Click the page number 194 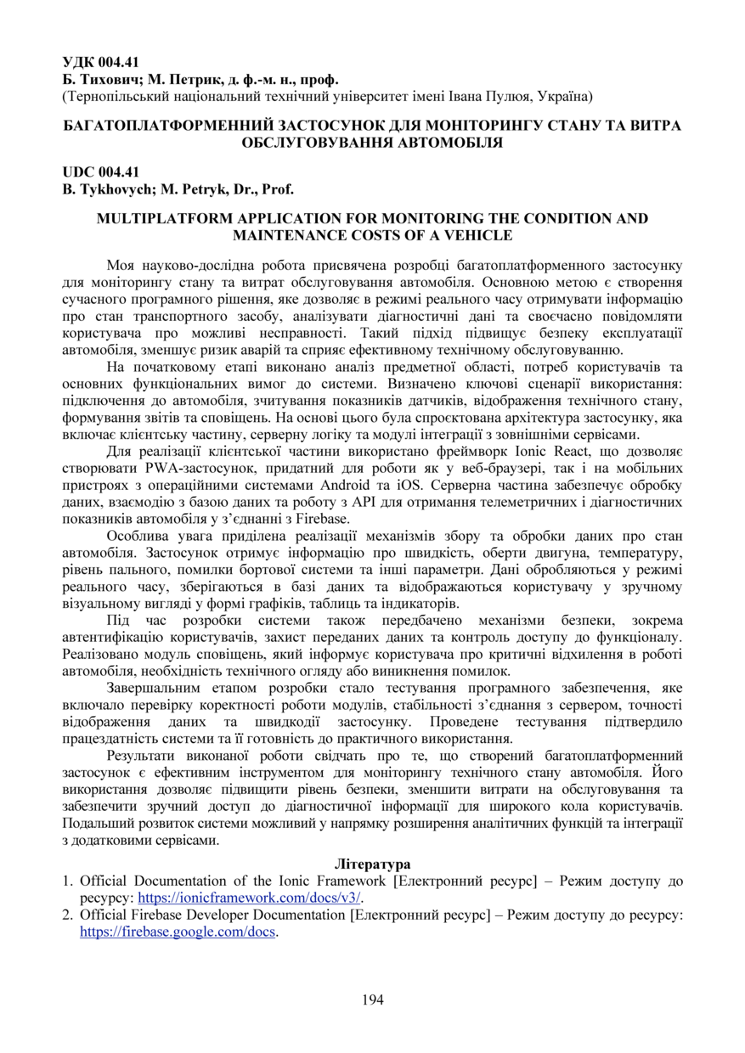pos(372,1000)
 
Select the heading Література pos(372,864)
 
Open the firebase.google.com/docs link pos(178,931)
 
